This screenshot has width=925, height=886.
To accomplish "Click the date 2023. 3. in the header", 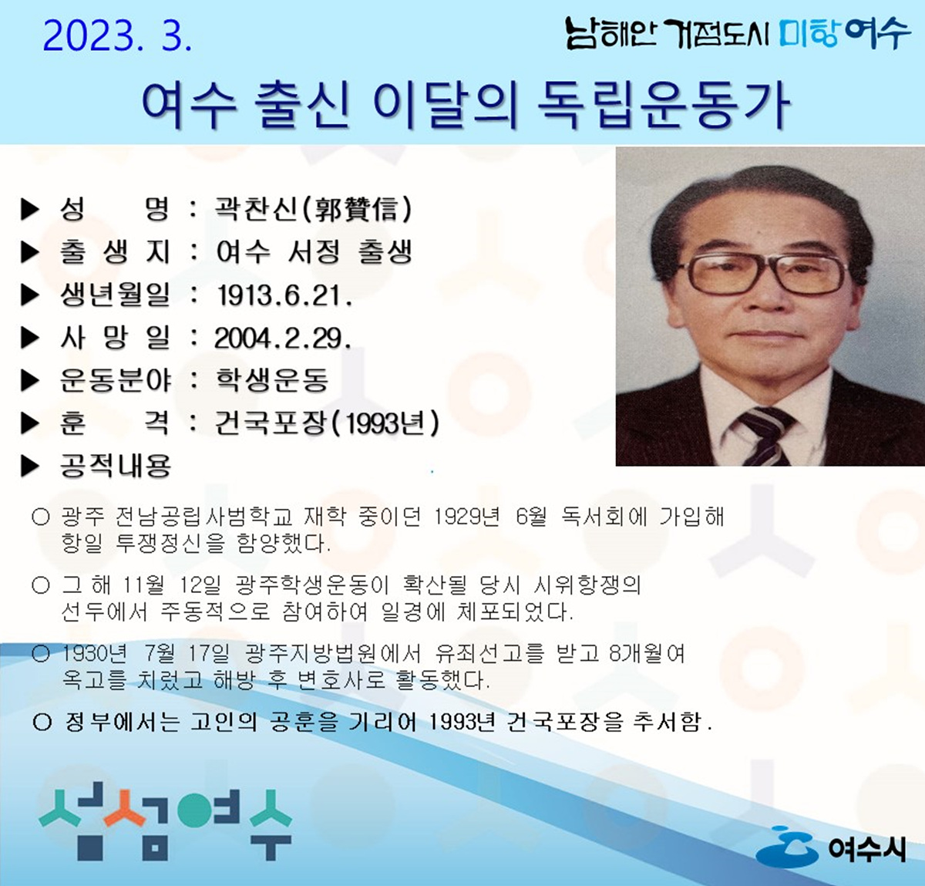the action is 117,35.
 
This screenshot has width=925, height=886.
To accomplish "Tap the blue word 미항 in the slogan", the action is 808,33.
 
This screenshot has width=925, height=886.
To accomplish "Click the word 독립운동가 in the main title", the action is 661,106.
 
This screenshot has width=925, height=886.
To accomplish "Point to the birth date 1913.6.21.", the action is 284,295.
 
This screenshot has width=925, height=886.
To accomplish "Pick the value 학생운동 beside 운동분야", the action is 272,380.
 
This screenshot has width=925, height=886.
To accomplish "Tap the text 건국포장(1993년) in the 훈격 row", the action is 327,423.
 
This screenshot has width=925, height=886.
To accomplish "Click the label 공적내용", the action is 116,466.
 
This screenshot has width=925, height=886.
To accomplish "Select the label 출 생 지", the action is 115,252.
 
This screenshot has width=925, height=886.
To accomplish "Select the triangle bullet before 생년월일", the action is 30,295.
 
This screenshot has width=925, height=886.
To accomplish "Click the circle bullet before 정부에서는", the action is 42,723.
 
